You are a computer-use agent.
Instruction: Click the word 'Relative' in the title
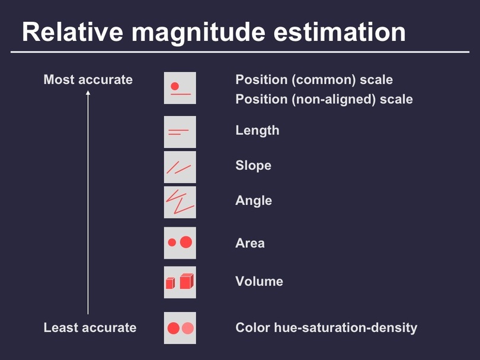pos(72,32)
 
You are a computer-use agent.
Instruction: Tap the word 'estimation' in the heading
pos(340,32)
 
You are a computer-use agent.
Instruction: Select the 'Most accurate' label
pos(88,79)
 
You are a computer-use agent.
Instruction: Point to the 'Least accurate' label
pos(90,327)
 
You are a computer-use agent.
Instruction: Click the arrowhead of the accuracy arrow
pos(88,92)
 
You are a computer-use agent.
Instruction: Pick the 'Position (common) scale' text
pos(314,80)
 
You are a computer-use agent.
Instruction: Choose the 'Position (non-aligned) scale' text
pos(324,99)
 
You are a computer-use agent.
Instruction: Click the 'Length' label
pos(257,131)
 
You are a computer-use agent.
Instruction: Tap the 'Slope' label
pos(254,165)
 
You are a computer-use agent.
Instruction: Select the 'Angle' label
pos(254,201)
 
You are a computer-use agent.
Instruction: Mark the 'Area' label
pos(250,243)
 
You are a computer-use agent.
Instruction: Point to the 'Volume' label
pos(260,281)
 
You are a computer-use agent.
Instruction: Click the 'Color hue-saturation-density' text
pos(327,327)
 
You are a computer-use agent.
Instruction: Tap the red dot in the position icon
pos(175,86)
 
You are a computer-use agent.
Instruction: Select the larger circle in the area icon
pos(186,242)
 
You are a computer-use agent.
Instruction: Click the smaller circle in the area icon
pos(172,242)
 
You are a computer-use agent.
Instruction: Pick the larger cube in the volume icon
pos(187,281)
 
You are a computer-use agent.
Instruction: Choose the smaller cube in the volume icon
pos(170,283)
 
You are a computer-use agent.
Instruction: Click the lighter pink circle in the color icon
pos(188,328)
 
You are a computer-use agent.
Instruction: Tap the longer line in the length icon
pos(178,131)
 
